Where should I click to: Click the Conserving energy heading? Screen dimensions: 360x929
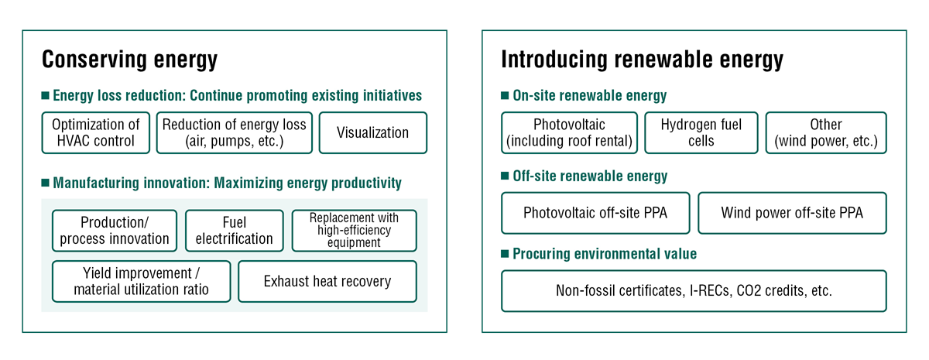129,60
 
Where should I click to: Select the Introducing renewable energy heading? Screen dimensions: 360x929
642,60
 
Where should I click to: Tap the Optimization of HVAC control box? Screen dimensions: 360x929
95,133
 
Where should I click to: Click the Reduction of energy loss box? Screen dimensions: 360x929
234,133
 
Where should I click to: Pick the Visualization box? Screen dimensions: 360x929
372,133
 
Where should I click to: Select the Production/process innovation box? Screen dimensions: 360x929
115,231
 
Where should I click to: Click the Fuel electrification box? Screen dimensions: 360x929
234,231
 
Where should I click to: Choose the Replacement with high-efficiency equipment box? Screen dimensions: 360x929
354,231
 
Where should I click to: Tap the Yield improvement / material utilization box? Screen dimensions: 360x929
141,282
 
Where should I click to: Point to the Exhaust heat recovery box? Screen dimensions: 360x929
327,282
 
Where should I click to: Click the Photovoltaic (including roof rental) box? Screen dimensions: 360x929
569,133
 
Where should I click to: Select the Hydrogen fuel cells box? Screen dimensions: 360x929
701,133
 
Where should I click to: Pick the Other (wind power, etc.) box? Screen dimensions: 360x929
825,133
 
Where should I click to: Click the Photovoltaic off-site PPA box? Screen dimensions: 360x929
595,213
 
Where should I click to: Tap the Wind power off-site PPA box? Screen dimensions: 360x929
791,213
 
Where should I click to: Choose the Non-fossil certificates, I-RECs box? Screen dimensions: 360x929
694,291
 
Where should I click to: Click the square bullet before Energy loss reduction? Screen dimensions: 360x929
45,96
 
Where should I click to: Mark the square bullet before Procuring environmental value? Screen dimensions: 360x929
505,254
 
